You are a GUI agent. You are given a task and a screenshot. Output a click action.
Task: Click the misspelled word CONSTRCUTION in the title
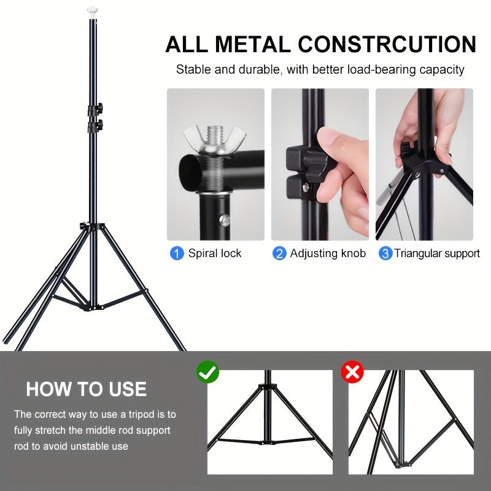387,45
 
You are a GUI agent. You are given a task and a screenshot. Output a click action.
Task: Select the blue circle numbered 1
177,253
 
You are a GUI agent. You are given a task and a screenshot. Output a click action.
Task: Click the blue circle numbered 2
279,253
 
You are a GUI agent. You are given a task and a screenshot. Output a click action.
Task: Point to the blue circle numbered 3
385,253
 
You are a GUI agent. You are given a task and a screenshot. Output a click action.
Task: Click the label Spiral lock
215,253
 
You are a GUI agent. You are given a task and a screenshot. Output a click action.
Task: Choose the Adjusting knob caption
328,253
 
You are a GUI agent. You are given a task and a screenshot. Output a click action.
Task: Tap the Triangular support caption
437,253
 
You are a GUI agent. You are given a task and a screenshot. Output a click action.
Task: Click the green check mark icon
207,372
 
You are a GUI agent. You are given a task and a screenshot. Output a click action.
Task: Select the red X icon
353,372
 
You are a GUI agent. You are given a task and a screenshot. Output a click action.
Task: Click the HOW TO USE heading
87,389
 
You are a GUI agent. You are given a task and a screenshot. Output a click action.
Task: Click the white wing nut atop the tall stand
93,10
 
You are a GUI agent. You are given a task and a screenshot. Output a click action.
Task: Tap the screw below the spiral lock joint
226,218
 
